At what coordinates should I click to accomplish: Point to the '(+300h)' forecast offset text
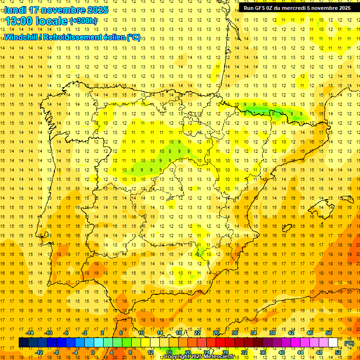pyautogui.click(x=83, y=21)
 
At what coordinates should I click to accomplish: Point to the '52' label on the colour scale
pyautogui.click(x=338, y=352)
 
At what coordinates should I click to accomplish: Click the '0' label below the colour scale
pyautogui.click(x=93, y=352)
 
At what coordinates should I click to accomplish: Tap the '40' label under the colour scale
pyautogui.click(x=282, y=352)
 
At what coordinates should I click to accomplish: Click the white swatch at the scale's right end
pyautogui.click(x=333, y=343)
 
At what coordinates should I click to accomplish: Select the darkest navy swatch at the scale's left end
pyautogui.click(x=23, y=343)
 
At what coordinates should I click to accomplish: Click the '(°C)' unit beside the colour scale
pyautogui.click(x=349, y=343)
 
